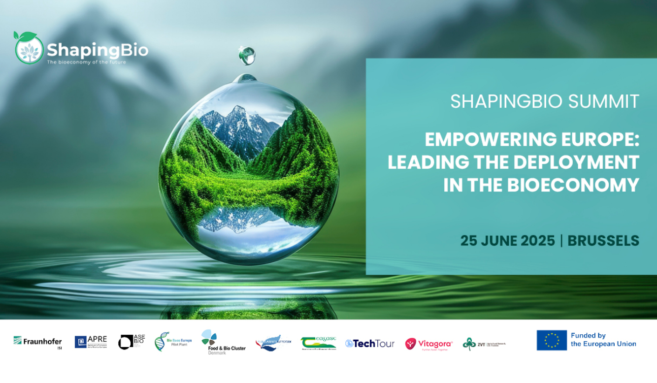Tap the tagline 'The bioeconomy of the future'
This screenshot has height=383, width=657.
(86, 62)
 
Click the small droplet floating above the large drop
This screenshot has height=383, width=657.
(246, 55)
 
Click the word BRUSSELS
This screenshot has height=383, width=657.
(603, 241)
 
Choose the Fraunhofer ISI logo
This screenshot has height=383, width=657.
(37, 341)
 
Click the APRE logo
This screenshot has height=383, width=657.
(91, 341)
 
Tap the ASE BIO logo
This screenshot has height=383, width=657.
(131, 341)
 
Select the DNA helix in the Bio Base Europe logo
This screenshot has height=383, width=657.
(161, 342)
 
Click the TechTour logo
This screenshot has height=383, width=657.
(369, 344)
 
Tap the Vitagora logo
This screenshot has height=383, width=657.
(428, 344)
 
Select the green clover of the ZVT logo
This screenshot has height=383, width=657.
(468, 344)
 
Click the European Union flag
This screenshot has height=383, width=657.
(552, 340)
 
